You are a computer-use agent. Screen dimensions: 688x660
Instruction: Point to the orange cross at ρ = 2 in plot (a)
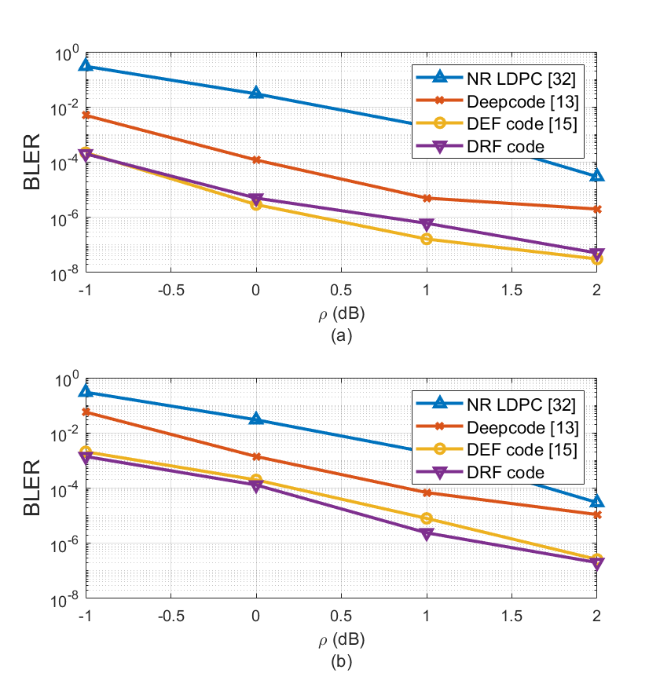(x=597, y=209)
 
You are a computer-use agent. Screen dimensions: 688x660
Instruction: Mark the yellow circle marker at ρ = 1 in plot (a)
(x=427, y=239)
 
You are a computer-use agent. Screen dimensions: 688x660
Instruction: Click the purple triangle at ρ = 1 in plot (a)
(x=427, y=225)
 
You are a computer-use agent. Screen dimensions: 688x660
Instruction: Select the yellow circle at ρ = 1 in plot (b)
(x=427, y=518)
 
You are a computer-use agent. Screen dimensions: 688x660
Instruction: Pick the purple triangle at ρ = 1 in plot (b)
(x=427, y=534)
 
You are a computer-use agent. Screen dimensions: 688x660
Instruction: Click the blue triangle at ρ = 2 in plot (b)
(x=597, y=501)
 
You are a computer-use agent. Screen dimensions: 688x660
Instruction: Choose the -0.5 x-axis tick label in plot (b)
(x=170, y=616)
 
